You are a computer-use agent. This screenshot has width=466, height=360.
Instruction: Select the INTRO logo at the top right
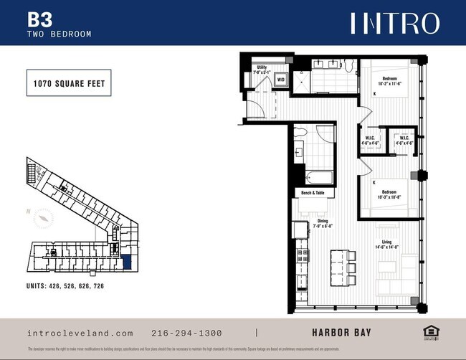coord(394,23)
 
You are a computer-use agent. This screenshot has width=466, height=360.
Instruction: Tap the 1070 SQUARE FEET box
coord(69,84)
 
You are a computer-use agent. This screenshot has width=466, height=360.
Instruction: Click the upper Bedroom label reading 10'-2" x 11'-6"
coord(391,80)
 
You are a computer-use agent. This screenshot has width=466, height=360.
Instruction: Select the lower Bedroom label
coord(391,194)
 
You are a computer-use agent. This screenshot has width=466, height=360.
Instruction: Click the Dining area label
coord(324,223)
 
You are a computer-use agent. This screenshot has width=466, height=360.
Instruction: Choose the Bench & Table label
coord(311,193)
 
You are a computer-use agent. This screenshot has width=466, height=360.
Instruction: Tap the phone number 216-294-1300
coord(187,333)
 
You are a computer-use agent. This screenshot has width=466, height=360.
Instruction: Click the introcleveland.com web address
coord(80,333)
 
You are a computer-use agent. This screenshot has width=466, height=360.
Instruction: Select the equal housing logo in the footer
coord(430,331)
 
